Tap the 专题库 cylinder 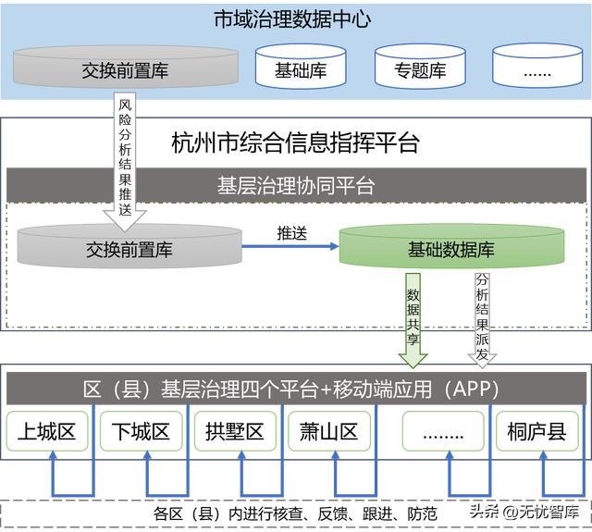[x=420, y=70]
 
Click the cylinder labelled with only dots [x=536, y=70]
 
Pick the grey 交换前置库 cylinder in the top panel [x=125, y=70]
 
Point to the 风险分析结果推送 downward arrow [x=126, y=157]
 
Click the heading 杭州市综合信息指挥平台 [x=296, y=143]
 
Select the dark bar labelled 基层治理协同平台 [x=296, y=185]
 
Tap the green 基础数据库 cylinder [x=451, y=248]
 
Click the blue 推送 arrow [x=290, y=247]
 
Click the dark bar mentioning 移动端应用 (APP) [x=296, y=388]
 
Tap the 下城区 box [x=142, y=430]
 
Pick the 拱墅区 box [x=235, y=430]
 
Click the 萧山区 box [x=329, y=430]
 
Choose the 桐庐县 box [x=537, y=430]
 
